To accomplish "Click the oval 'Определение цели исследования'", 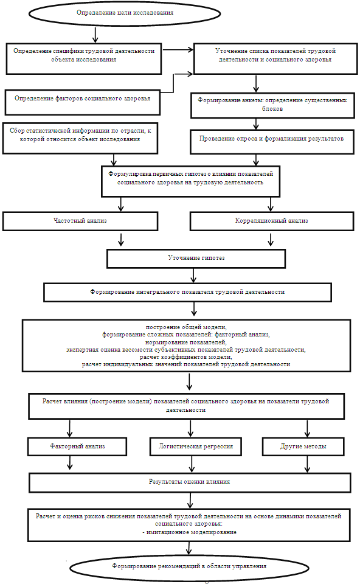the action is point(125,13).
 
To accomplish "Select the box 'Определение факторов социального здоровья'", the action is point(82,102).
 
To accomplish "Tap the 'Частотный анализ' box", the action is point(80,221).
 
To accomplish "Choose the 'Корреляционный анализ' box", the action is point(272,221).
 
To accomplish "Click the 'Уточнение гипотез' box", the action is point(196,259).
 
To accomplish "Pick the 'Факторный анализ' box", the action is point(77,446).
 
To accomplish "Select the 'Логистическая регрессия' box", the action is point(195,446).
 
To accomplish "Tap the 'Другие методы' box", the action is point(303,446).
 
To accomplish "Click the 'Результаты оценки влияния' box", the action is point(190,482).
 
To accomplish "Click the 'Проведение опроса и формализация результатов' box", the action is point(272,142).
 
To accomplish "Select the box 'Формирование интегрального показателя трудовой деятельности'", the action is point(188,293).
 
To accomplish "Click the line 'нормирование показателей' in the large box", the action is point(185,342).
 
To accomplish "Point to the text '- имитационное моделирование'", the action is point(189,532).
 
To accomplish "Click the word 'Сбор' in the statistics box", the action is point(17,131).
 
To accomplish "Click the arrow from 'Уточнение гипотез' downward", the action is point(193,275).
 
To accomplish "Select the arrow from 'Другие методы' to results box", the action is point(307,464).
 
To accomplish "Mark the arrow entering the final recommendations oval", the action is point(189,548).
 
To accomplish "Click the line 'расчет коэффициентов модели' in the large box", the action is point(185,357).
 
